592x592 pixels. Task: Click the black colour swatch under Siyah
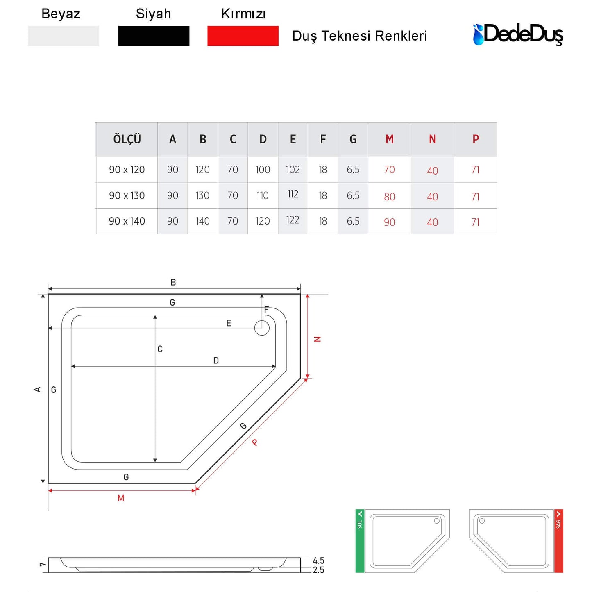click(154, 36)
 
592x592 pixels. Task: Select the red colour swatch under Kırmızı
click(243, 36)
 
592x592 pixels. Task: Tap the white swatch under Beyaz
click(63, 36)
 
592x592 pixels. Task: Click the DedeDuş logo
click(518, 34)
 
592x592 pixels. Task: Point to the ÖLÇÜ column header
click(127, 139)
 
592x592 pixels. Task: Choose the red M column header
click(389, 139)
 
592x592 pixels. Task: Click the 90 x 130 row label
click(127, 195)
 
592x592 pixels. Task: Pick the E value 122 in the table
click(293, 220)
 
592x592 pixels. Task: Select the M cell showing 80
click(389, 197)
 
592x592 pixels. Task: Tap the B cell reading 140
click(202, 221)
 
